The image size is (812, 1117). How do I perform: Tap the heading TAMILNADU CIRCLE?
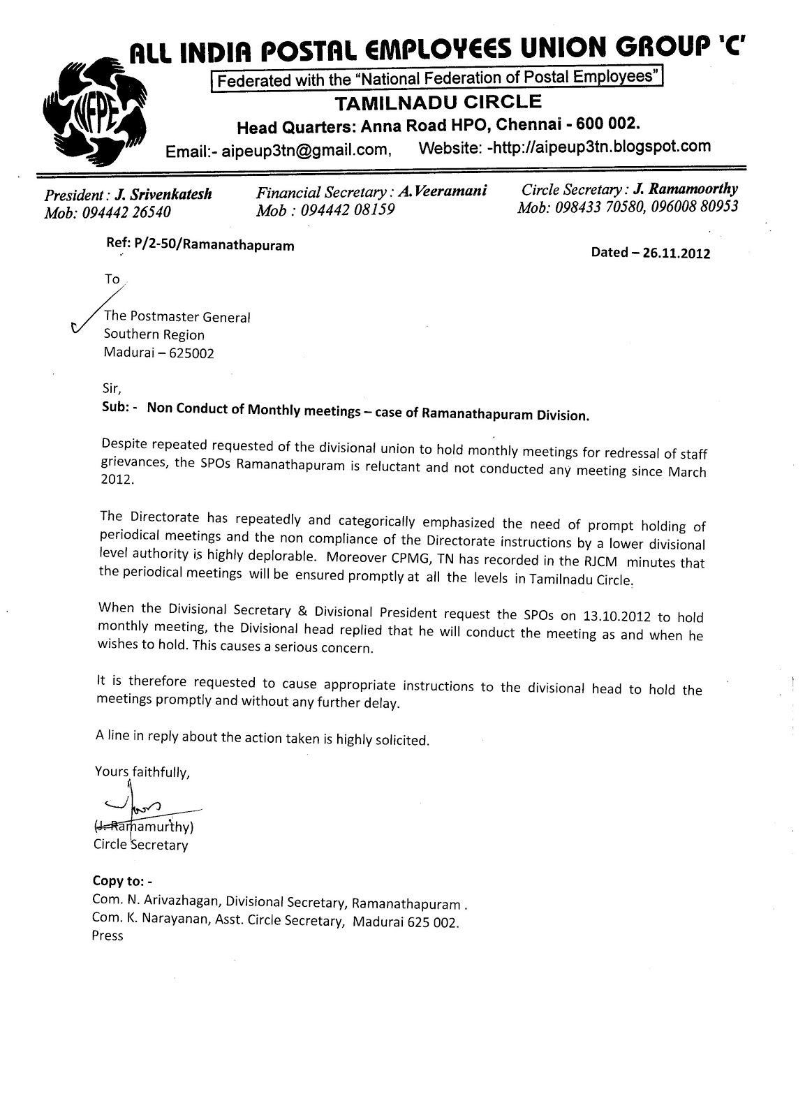click(x=438, y=103)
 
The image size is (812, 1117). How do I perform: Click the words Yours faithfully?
click(x=142, y=773)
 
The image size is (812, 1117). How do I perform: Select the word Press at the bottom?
click(x=108, y=936)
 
